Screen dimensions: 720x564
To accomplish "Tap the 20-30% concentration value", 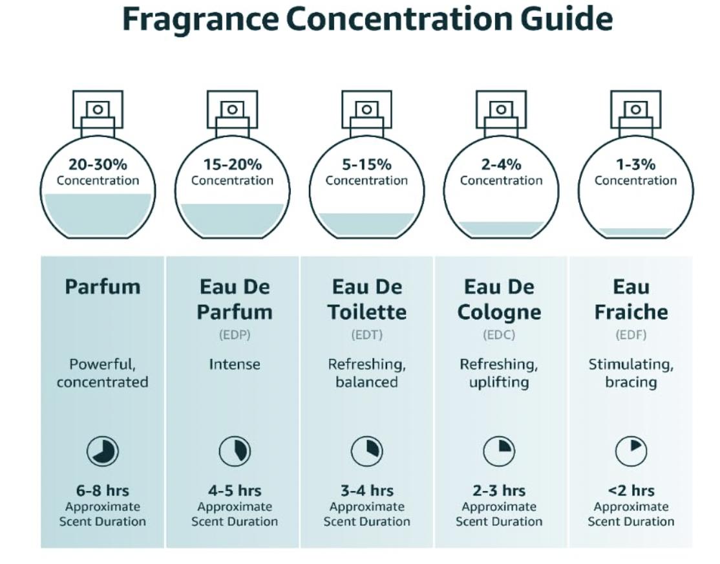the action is [98, 164].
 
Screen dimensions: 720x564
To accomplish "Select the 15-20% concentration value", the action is [232, 164].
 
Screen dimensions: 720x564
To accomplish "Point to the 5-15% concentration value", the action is [366, 164].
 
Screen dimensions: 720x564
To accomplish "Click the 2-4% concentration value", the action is [501, 164].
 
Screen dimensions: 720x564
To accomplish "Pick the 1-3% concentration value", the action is [635, 164].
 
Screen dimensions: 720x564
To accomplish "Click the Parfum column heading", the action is [102, 287].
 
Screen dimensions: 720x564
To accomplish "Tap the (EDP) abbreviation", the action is [235, 334].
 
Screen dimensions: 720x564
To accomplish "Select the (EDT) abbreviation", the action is [367, 334].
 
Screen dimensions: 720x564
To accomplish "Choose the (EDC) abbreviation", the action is [499, 334].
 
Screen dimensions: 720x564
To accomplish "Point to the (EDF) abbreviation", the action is [631, 334].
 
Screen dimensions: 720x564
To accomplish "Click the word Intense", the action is [235, 365].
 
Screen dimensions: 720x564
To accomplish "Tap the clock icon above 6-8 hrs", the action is [102, 451].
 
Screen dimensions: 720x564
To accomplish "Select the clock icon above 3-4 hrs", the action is [367, 451].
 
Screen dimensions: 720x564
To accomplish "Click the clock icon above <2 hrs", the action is [631, 451].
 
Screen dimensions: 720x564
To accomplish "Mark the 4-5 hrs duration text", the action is [235, 490].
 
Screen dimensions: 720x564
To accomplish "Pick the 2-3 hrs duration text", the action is [499, 490].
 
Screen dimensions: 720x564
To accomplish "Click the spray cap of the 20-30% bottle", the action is [98, 109].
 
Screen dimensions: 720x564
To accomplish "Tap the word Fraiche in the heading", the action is [631, 312].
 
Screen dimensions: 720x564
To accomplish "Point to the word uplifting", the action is [499, 382].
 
